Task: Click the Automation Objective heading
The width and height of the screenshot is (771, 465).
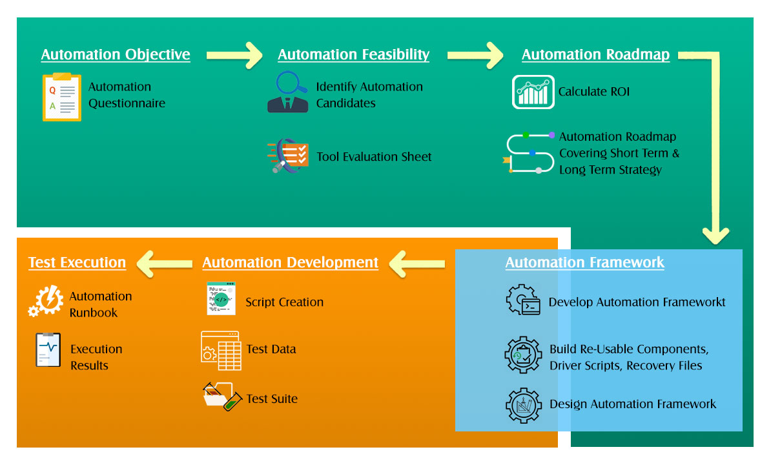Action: click(x=116, y=55)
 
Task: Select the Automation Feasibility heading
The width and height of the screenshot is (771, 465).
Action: click(x=353, y=55)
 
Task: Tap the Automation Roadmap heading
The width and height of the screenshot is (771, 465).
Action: click(x=595, y=55)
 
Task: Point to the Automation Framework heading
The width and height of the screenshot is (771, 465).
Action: click(x=584, y=262)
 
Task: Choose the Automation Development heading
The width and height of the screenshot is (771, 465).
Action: click(x=290, y=262)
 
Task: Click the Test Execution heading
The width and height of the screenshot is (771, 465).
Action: click(x=77, y=262)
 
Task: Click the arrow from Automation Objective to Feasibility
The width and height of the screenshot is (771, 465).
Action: click(x=234, y=55)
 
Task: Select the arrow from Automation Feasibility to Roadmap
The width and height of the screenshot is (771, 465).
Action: click(x=475, y=55)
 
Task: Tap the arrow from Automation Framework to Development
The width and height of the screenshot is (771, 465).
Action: click(x=417, y=263)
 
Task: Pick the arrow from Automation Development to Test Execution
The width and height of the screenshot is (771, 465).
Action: click(x=164, y=263)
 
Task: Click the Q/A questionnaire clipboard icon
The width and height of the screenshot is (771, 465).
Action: click(x=61, y=97)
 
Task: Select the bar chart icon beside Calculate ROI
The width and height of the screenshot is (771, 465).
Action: click(x=533, y=92)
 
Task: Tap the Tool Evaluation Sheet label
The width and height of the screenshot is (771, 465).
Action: click(x=374, y=157)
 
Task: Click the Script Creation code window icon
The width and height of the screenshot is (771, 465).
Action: click(x=221, y=298)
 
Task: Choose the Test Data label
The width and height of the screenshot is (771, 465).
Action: click(x=271, y=349)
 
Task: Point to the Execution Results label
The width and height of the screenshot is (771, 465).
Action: click(x=96, y=357)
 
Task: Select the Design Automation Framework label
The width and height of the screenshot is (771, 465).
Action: click(x=633, y=404)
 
